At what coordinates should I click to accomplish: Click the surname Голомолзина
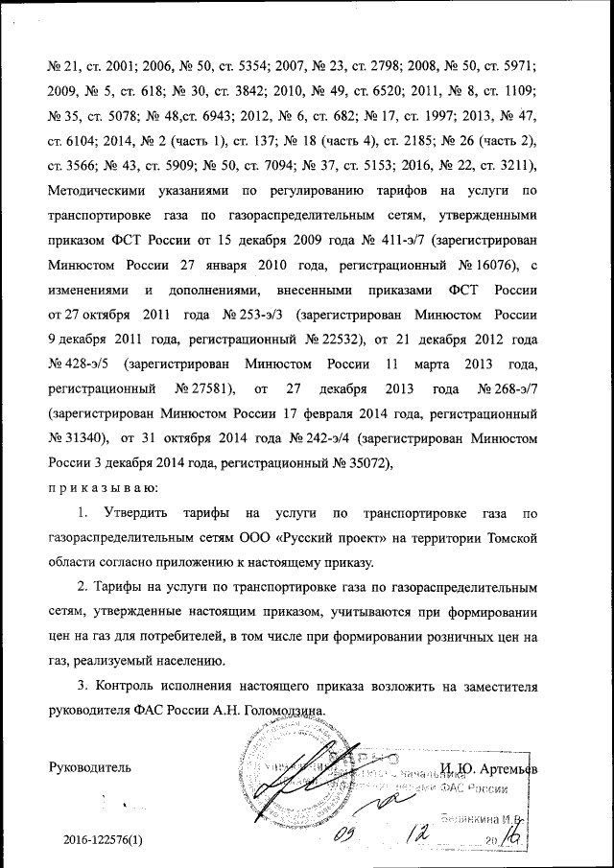pyautogui.click(x=290, y=712)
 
